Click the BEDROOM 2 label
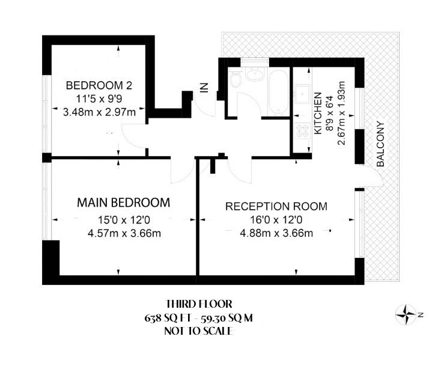point(99,85)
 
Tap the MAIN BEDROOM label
point(123,202)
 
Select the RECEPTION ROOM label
point(276,207)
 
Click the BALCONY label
point(380,144)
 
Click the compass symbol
point(407,313)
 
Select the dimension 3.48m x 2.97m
point(99,111)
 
